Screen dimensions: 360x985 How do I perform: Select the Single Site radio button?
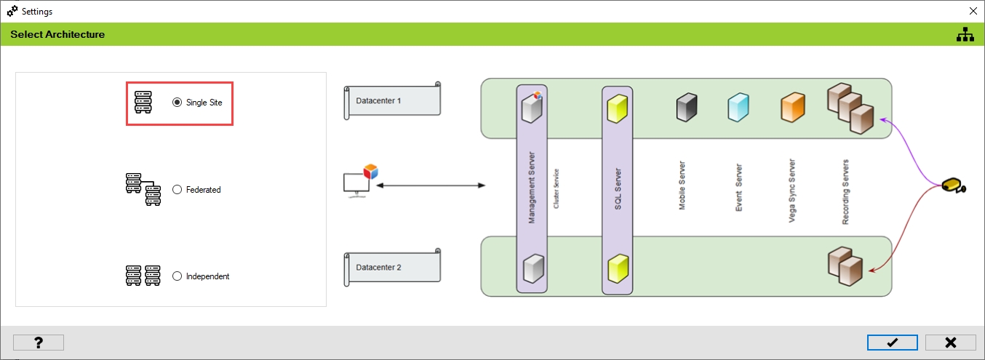tap(177, 103)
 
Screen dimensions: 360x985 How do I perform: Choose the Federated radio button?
tap(177, 190)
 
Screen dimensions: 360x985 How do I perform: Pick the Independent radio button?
tap(177, 276)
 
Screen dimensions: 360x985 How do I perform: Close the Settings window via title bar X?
tap(973, 12)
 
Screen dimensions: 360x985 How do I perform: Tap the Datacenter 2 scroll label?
tap(391, 267)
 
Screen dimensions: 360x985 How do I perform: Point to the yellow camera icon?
tap(952, 186)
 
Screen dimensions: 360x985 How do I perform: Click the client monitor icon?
tap(359, 183)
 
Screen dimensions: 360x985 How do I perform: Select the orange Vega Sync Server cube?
tap(791, 108)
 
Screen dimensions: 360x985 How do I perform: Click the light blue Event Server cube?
tap(738, 108)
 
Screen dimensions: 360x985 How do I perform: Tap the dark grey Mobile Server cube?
tap(686, 108)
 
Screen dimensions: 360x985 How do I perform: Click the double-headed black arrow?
tap(431, 186)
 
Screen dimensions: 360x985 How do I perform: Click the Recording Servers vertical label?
tap(845, 192)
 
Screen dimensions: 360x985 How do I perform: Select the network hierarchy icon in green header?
tap(965, 34)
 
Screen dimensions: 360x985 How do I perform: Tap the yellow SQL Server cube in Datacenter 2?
tap(617, 268)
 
